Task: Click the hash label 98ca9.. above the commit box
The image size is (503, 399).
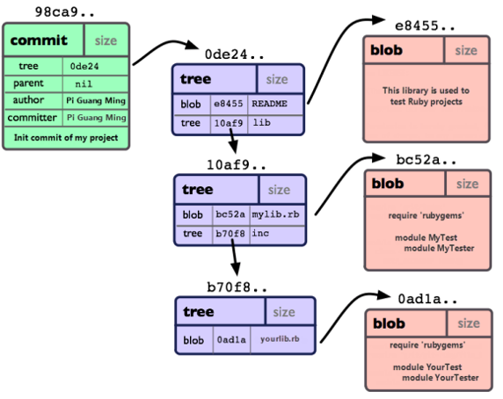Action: point(64,11)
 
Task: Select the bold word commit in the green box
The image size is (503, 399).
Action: point(39,40)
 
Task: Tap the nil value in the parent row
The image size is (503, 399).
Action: point(84,84)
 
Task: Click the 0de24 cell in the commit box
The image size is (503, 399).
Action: point(84,66)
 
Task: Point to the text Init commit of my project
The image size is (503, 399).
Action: point(66,137)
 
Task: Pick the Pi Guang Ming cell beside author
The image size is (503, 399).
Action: point(96,101)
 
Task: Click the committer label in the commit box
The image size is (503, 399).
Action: point(32,118)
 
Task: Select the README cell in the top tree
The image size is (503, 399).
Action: point(269,104)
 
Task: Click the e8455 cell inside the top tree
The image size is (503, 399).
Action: point(229,104)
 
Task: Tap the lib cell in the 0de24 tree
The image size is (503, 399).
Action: point(262,122)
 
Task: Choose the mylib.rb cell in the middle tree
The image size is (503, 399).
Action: point(275,214)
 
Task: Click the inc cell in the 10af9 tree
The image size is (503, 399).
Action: point(260,233)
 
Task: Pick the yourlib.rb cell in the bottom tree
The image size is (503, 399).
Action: point(280,338)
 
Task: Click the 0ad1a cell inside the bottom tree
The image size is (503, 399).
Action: point(231,339)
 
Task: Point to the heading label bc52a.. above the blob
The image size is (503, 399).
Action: point(426,160)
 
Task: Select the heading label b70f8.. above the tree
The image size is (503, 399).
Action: point(237,287)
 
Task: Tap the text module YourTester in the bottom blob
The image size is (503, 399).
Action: point(440,378)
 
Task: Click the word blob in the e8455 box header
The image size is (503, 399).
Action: point(386,50)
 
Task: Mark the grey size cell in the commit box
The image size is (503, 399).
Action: point(106,40)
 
